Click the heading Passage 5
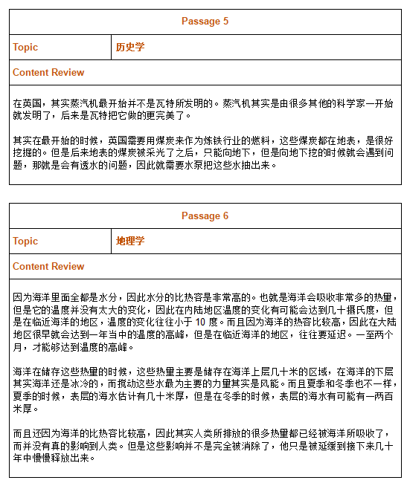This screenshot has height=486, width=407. point(205,21)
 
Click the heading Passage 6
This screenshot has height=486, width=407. point(205,216)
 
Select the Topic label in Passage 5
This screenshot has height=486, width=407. point(25,47)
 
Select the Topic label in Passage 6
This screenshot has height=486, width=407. point(25,241)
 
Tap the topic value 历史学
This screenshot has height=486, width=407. point(130,47)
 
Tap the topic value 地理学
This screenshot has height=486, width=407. point(130,241)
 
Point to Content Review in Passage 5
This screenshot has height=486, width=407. point(48,72)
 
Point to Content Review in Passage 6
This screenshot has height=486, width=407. point(48,266)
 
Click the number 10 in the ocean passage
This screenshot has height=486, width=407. point(201,322)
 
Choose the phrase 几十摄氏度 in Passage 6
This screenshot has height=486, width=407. point(346,309)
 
